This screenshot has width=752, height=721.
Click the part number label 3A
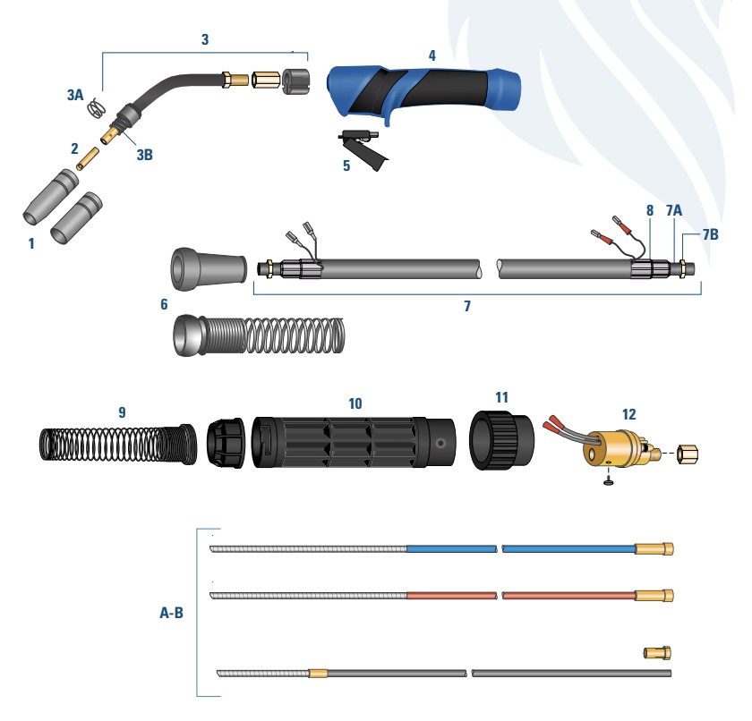[75, 95]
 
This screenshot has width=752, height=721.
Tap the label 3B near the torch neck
[144, 154]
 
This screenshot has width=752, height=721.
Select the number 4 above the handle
[432, 55]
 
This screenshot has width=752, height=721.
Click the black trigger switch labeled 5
[363, 148]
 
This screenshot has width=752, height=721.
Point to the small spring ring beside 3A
[97, 108]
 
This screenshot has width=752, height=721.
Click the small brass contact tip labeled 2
[88, 158]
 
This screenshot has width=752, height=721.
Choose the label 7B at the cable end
[711, 234]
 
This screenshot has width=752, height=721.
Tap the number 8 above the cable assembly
[650, 210]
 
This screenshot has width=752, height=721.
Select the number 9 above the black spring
[122, 412]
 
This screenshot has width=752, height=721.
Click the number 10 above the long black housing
[355, 403]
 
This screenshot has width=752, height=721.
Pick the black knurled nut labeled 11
[501, 439]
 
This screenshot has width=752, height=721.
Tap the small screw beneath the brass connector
[609, 481]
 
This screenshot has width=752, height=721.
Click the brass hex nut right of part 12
[688, 454]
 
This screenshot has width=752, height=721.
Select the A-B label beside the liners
[171, 613]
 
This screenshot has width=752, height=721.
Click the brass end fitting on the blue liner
[654, 549]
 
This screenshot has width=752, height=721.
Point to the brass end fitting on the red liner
[654, 596]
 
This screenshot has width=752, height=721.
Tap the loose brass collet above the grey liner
[657, 652]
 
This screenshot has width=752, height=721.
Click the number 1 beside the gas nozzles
[31, 243]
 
